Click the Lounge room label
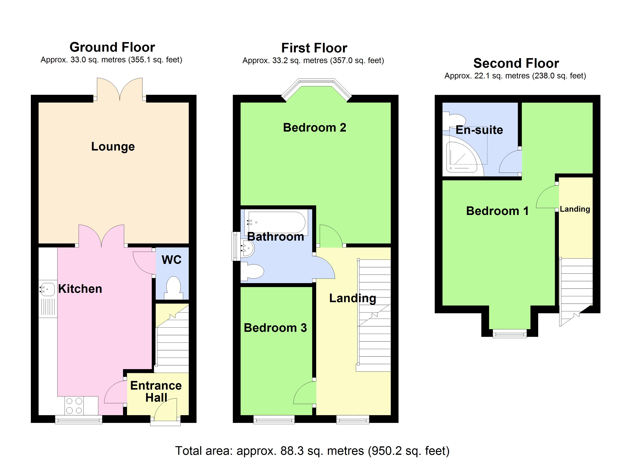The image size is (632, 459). tap(113, 146)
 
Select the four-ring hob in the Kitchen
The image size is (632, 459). tap(74, 406)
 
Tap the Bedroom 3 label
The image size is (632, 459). tap(275, 328)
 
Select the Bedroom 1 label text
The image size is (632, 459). tap(497, 211)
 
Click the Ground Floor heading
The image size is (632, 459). tap(112, 47)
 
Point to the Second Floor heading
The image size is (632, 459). tap(516, 63)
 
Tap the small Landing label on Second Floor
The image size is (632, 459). tap(575, 209)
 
